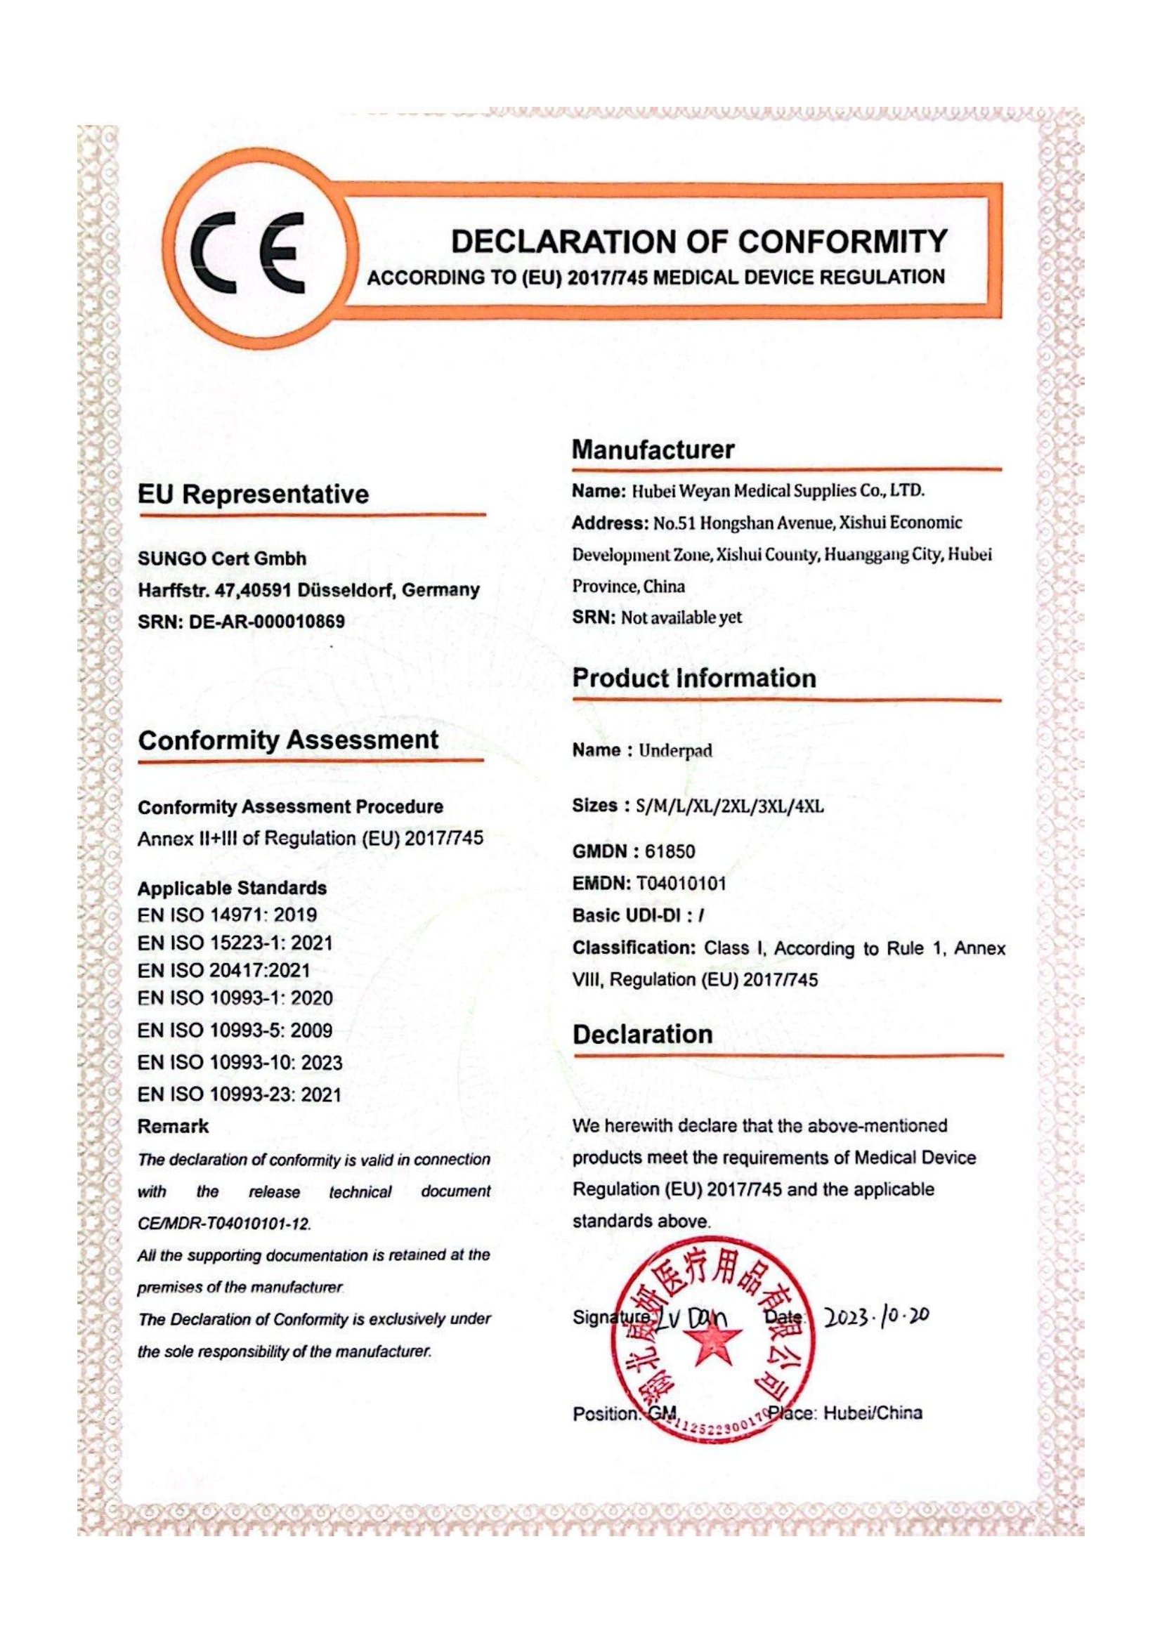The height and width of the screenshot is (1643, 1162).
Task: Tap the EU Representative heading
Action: tap(254, 494)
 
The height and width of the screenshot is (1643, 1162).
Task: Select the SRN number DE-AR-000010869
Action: tap(266, 621)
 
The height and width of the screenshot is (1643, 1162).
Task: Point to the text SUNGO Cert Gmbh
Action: tap(222, 558)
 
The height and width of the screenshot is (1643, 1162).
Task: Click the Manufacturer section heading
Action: tap(653, 450)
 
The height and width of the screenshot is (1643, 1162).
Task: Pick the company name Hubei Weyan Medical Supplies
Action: tap(776, 491)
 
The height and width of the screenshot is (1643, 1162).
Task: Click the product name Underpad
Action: tap(675, 751)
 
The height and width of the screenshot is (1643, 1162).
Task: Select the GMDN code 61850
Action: tap(670, 851)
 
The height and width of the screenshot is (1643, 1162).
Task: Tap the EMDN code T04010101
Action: tap(681, 884)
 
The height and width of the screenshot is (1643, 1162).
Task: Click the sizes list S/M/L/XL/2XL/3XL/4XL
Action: tap(730, 806)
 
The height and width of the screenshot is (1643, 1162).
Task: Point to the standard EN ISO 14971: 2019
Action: tap(227, 915)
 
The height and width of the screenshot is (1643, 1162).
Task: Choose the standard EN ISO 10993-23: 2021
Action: tap(239, 1094)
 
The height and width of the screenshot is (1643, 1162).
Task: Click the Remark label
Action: tap(172, 1126)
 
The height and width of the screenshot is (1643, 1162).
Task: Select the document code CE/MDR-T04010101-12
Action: tap(224, 1224)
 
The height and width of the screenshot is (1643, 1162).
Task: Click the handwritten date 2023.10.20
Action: tap(877, 1316)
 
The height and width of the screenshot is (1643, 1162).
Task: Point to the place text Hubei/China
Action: tap(873, 1413)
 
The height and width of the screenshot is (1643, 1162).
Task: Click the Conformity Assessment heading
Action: tap(288, 740)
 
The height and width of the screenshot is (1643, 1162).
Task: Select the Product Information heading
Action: tap(694, 678)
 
